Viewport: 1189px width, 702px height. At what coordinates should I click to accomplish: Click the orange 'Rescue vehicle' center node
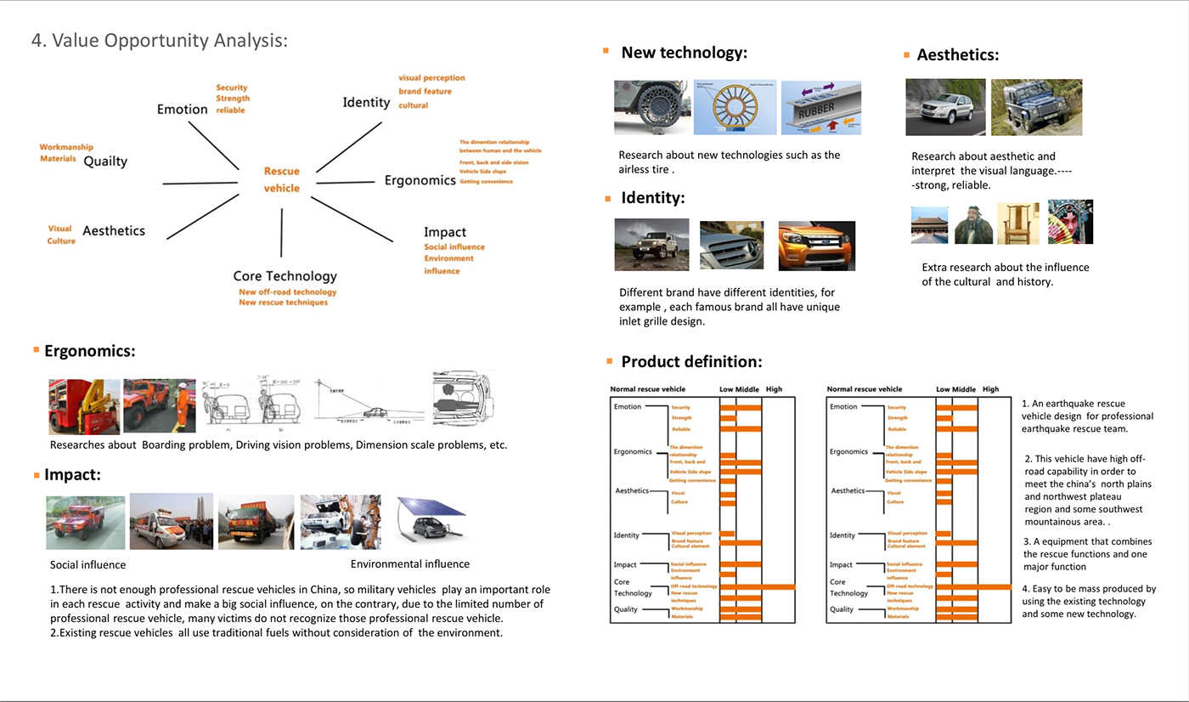tap(281, 180)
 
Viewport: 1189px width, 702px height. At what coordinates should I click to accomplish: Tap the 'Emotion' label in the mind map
tap(182, 109)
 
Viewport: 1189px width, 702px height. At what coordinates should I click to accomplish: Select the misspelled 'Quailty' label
tap(105, 161)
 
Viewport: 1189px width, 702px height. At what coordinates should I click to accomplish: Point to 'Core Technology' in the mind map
tap(285, 275)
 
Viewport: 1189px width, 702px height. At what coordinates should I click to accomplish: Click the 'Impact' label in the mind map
tap(445, 232)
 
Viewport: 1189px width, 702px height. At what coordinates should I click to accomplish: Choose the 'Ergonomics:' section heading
tap(89, 351)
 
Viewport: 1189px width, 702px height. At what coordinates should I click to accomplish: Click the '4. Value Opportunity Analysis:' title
tap(160, 40)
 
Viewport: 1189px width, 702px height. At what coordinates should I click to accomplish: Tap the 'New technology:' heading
tap(684, 53)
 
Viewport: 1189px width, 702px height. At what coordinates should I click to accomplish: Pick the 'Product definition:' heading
tap(691, 361)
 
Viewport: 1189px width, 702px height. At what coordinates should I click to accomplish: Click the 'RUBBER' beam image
tap(820, 108)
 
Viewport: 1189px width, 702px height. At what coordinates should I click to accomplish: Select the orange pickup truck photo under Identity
tap(816, 246)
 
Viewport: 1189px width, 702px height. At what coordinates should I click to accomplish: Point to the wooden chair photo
tap(1017, 224)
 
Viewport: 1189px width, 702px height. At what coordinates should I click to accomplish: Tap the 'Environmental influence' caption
tap(409, 563)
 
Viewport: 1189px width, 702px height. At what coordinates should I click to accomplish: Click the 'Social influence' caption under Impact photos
tap(87, 565)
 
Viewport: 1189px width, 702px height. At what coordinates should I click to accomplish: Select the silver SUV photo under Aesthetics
tap(945, 107)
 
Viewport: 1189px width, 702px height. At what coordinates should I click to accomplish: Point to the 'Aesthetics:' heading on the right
tap(957, 55)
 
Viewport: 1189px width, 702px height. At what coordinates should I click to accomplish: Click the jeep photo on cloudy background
tap(651, 245)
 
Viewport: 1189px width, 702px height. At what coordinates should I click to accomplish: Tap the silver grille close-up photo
tap(731, 245)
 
